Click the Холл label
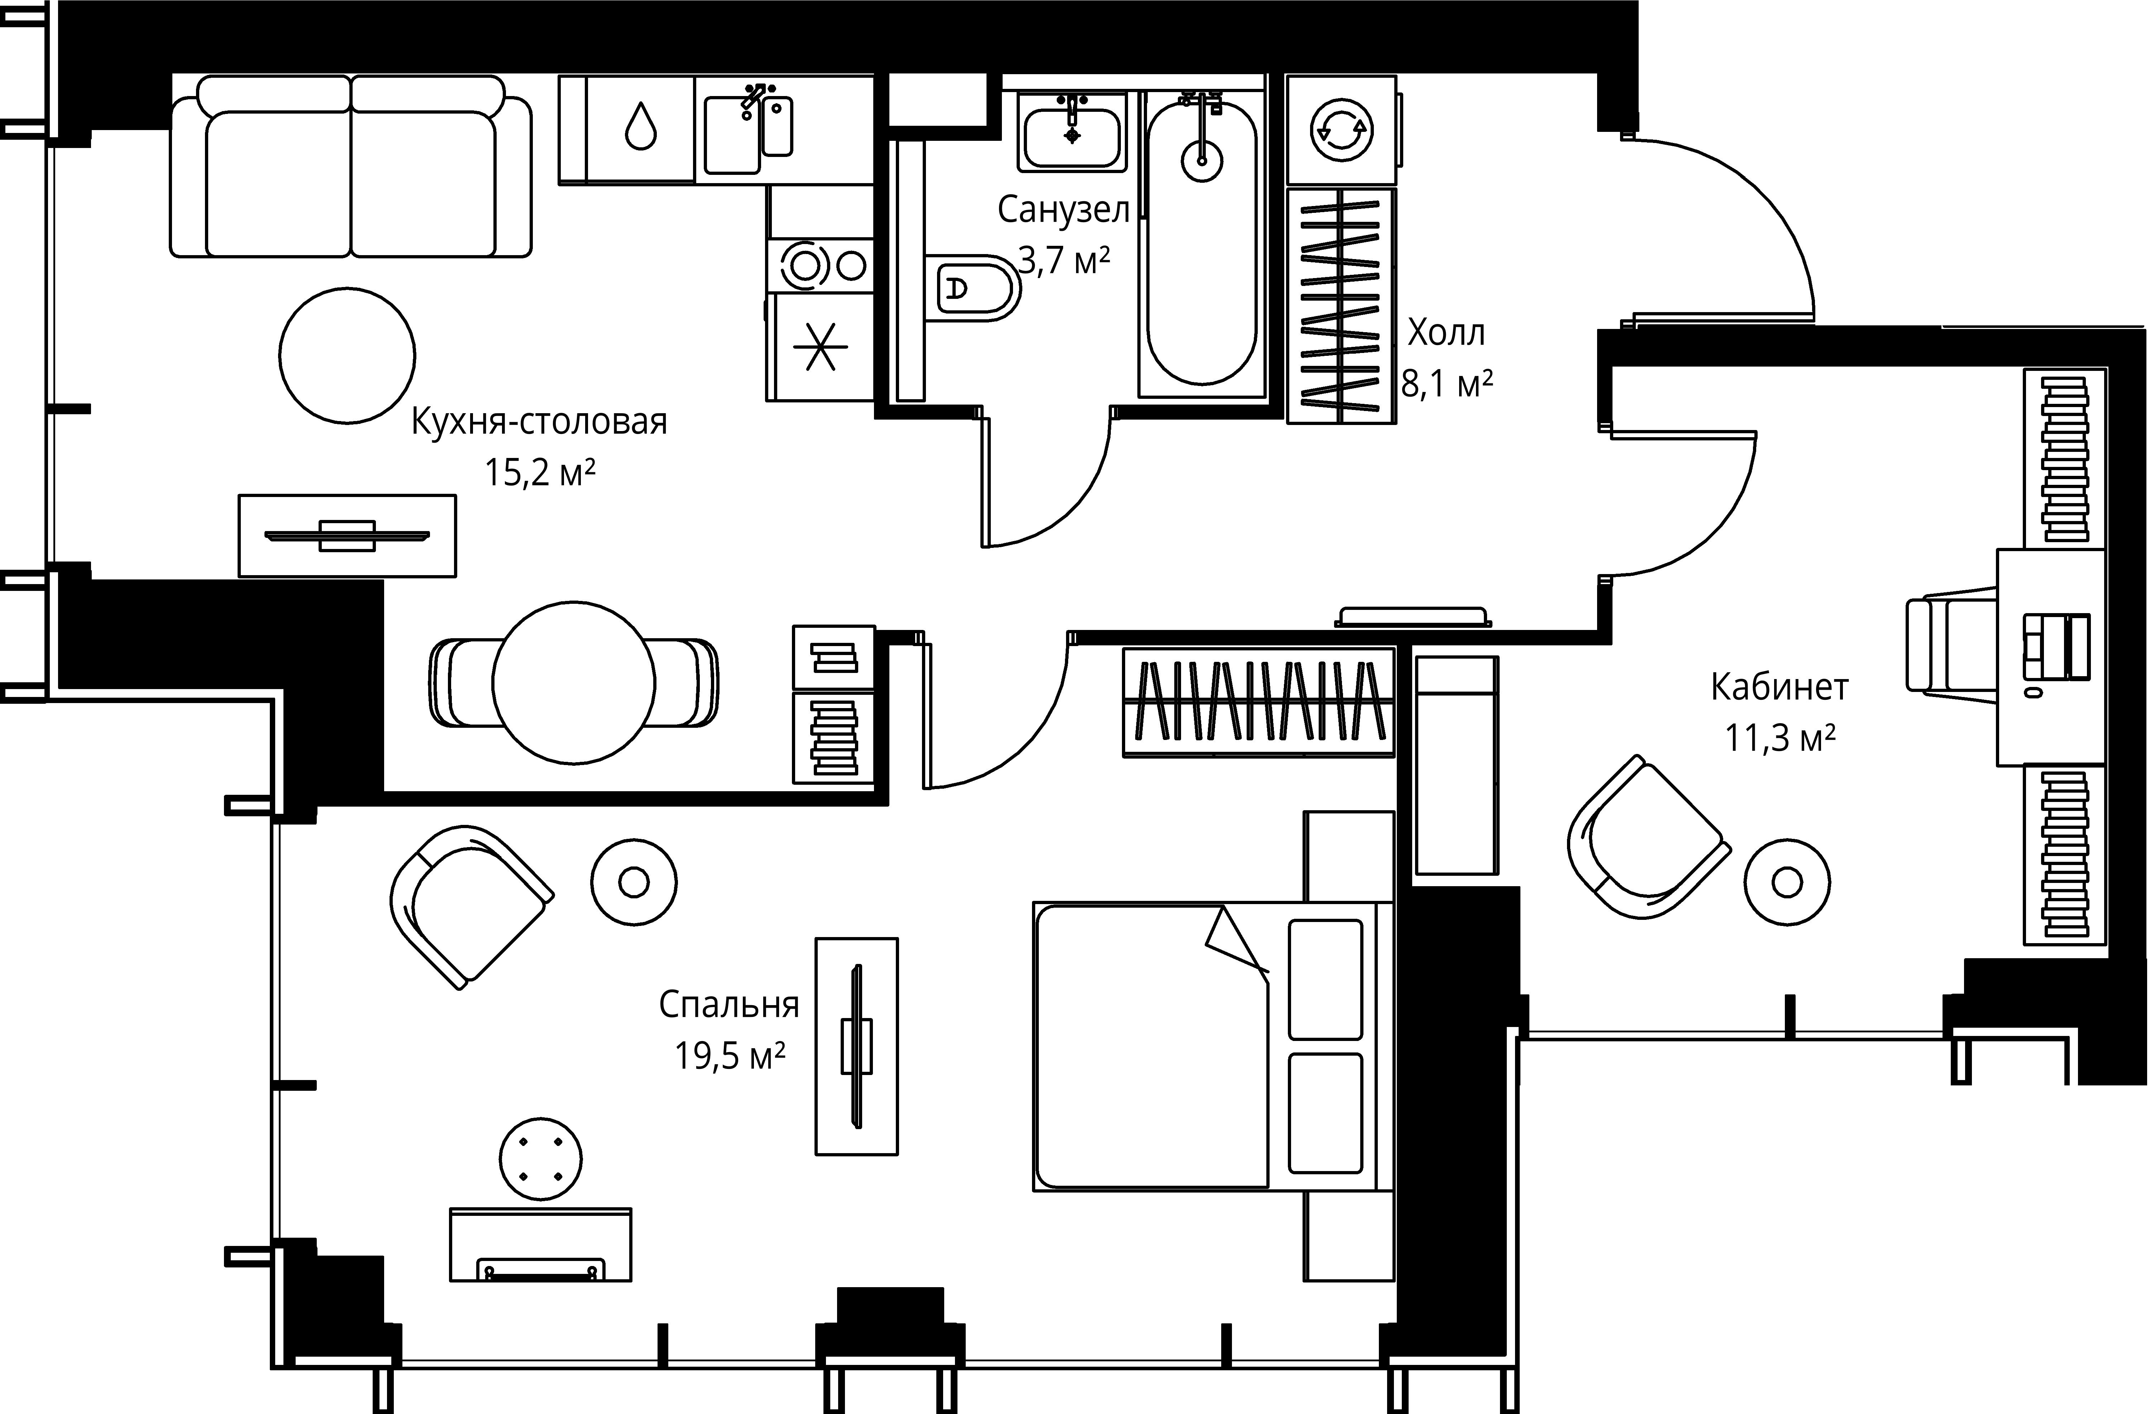[1446, 333]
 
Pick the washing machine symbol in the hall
[1342, 131]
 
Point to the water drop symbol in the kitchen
[640, 126]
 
